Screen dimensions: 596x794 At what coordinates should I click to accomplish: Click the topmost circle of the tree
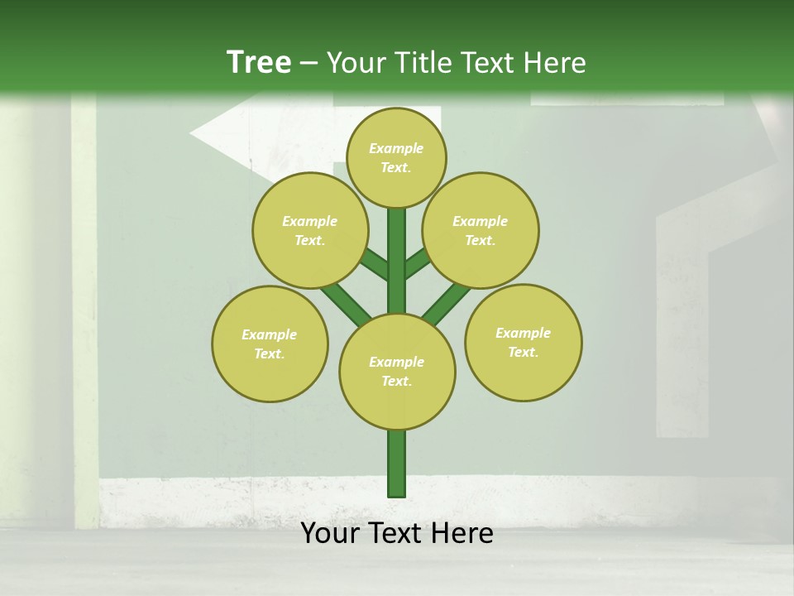(x=396, y=157)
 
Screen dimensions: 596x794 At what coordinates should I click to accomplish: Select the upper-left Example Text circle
(x=309, y=230)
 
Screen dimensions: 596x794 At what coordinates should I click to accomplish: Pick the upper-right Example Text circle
(x=480, y=230)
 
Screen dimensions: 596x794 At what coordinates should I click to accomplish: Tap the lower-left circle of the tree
(x=270, y=344)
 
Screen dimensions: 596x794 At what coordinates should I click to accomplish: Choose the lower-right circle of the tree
(x=523, y=342)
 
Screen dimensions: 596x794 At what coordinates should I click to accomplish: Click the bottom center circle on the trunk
(x=397, y=372)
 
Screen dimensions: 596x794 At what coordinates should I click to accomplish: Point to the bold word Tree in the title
(x=259, y=62)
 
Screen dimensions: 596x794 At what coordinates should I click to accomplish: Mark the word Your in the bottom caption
(x=330, y=533)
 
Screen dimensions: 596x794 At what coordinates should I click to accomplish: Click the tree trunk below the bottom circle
(x=397, y=464)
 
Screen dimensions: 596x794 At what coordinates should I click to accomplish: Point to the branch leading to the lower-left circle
(x=345, y=302)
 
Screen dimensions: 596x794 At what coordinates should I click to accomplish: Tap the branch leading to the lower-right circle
(x=447, y=302)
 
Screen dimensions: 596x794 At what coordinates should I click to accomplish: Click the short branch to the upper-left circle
(x=375, y=265)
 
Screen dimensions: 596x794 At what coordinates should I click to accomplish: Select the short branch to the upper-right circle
(x=418, y=264)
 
